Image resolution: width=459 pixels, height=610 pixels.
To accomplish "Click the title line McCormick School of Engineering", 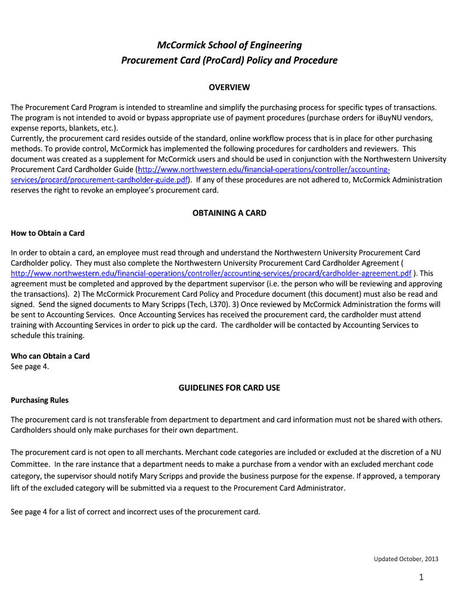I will click(229, 45).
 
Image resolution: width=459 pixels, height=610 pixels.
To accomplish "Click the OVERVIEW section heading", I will click(229, 88).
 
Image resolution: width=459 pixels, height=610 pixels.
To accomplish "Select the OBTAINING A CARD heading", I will click(229, 213).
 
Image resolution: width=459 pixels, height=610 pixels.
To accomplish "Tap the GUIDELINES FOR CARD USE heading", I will click(229, 388).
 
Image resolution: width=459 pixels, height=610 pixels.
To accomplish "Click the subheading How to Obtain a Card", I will click(48, 233).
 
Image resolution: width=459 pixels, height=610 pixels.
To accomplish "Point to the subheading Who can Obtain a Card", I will click(51, 356).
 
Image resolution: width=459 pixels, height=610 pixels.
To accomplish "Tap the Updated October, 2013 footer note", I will click(406, 559).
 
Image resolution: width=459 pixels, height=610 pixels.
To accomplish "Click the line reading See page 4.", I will click(30, 366).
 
